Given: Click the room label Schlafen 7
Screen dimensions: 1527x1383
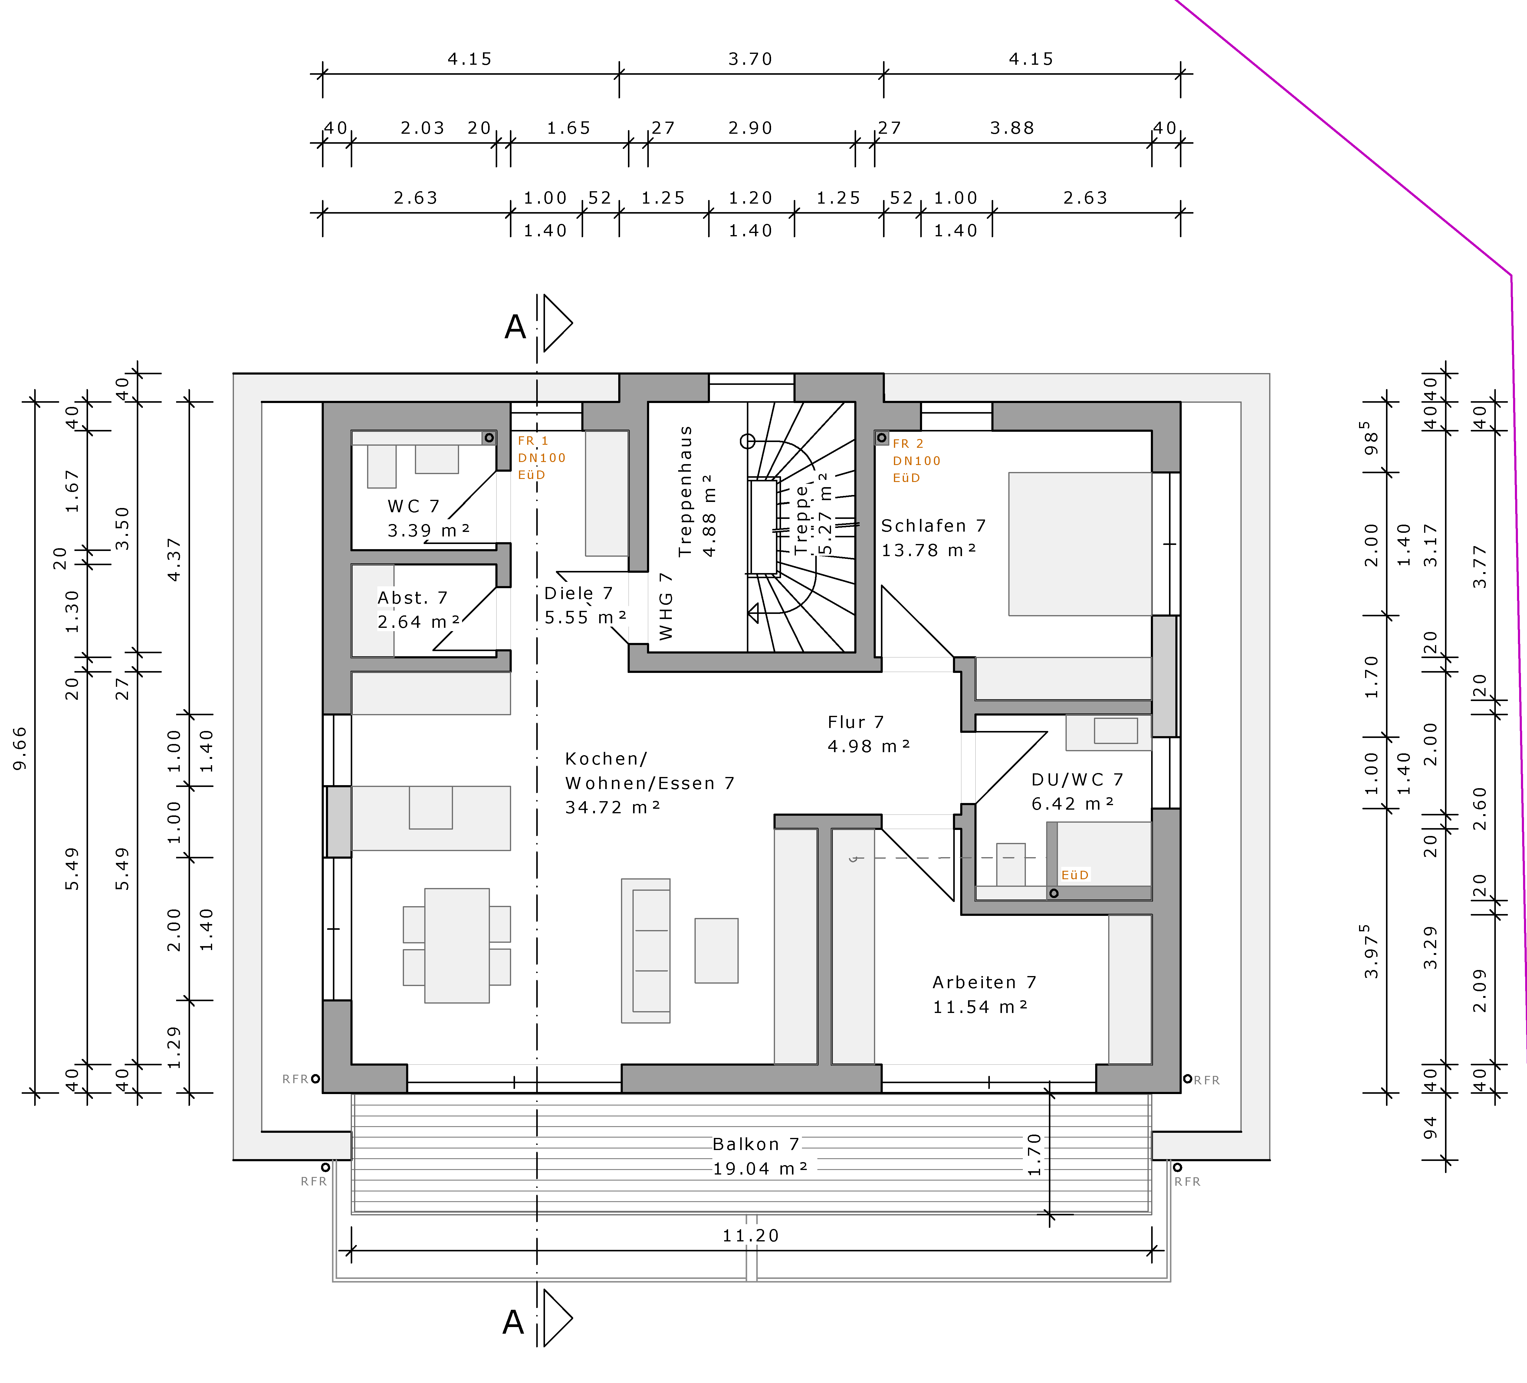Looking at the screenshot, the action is (933, 526).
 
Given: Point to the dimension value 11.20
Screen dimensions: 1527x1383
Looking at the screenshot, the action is (750, 1236).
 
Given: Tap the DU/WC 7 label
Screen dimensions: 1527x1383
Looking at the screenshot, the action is (1077, 779).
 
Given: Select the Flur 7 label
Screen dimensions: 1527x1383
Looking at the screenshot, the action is (855, 722).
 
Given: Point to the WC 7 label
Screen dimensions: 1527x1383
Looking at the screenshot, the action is (413, 506).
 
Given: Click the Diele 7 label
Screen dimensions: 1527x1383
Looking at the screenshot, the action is (578, 593).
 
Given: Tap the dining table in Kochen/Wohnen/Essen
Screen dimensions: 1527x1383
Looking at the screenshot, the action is (457, 945).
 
